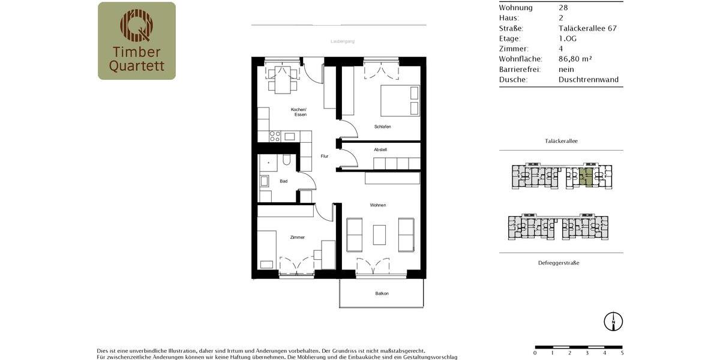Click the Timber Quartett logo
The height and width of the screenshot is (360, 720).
tap(137, 41)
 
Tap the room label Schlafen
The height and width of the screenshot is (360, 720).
tap(382, 127)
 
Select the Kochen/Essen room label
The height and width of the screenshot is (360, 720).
tap(299, 112)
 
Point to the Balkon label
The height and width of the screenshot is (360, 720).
tap(382, 293)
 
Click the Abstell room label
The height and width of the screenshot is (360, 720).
tap(380, 149)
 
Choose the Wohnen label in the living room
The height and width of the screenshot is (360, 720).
tap(378, 205)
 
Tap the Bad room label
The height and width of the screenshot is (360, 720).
tap(283, 181)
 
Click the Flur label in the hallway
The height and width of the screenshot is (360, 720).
tap(325, 156)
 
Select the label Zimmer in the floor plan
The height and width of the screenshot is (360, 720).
tap(297, 238)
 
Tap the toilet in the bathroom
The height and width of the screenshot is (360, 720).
tap(286, 160)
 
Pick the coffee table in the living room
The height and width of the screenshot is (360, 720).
tap(379, 235)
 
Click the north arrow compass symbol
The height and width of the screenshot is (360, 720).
tap(613, 321)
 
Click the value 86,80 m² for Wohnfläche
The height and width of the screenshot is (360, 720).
tap(575, 59)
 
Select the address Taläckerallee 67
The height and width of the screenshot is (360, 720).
tap(587, 28)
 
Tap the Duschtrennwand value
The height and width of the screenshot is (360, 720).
tap(588, 79)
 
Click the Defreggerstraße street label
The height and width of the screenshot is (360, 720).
tap(558, 263)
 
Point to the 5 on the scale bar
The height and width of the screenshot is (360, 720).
tap(622, 353)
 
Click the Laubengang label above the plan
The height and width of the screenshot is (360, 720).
tap(343, 41)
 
